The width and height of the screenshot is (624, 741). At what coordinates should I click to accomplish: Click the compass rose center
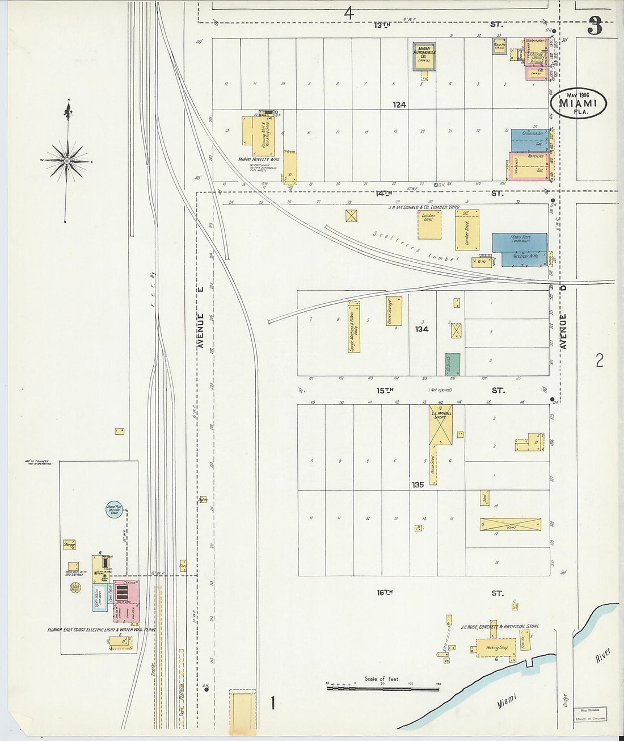[67, 161]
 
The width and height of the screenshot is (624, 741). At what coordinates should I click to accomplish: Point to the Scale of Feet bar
[383, 688]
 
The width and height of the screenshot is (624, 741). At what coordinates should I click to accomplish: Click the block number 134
[421, 329]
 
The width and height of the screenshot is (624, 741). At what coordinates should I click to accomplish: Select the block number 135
[418, 485]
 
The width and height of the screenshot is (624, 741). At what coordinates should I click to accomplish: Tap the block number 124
[399, 105]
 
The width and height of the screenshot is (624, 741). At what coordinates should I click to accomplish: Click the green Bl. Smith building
[452, 364]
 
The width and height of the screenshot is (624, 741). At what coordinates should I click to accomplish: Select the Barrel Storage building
[394, 311]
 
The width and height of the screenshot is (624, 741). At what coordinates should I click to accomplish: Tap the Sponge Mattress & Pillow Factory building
[354, 327]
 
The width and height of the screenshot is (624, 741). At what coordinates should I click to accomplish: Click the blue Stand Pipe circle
[115, 509]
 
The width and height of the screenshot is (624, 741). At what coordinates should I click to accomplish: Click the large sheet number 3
[595, 26]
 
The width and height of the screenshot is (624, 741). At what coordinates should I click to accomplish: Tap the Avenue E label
[200, 317]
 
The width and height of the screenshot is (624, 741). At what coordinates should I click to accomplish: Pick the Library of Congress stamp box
[590, 714]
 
